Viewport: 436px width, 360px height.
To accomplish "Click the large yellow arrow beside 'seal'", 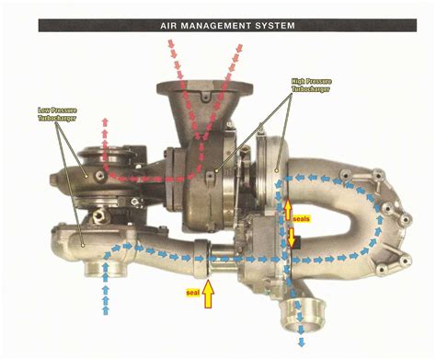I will click(209, 293).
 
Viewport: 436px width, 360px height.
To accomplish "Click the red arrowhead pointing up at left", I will click(106, 122).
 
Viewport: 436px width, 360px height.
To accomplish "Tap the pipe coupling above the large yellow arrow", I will click(209, 259).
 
